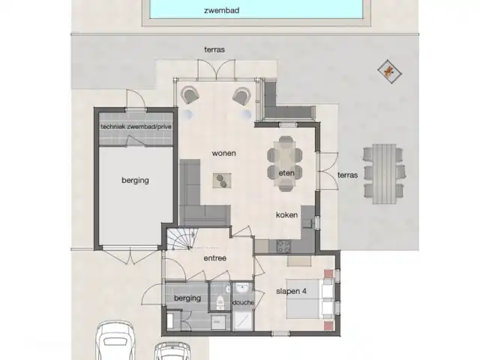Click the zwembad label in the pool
222,10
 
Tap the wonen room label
223,153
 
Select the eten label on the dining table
286,173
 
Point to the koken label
286,215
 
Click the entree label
215,258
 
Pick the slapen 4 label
291,291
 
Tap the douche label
243,302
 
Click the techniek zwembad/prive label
136,127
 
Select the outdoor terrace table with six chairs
384,174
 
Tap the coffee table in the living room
222,180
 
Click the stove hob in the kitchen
283,246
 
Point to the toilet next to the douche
220,301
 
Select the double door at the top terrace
217,69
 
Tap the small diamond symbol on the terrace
389,72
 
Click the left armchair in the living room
190,95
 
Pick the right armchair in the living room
241,96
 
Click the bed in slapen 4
309,298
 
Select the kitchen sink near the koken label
307,223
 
